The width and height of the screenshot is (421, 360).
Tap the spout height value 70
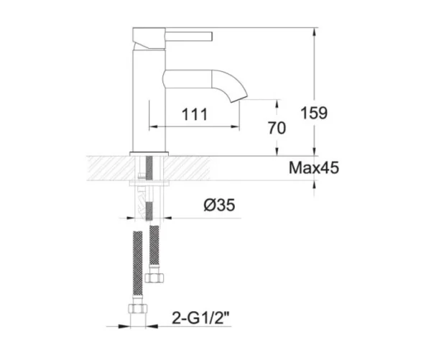[x=277, y=129]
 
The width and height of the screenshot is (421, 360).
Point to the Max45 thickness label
[x=313, y=169]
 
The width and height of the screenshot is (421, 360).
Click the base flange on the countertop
[x=149, y=153]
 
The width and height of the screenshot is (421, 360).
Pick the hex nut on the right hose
[x=152, y=276]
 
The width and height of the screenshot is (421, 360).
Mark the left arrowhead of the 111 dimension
[x=152, y=128]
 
